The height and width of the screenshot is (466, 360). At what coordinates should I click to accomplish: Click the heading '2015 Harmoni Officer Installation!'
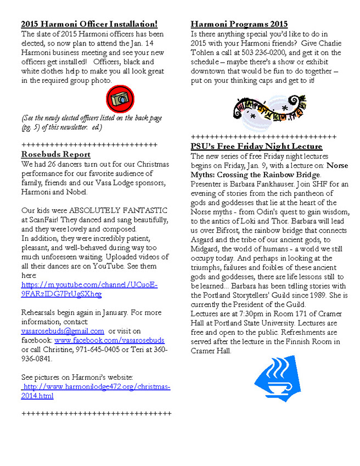click(89, 24)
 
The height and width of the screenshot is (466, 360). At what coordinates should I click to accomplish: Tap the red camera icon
click(120, 99)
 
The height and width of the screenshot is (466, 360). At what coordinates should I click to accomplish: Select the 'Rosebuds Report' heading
click(55, 154)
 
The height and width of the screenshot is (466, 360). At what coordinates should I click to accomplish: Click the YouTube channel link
click(89, 290)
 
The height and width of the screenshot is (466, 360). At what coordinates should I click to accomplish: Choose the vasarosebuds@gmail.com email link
click(63, 331)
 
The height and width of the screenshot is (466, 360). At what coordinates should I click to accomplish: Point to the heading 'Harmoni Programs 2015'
click(239, 24)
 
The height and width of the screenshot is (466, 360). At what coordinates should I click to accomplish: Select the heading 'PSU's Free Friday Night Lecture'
click(256, 147)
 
